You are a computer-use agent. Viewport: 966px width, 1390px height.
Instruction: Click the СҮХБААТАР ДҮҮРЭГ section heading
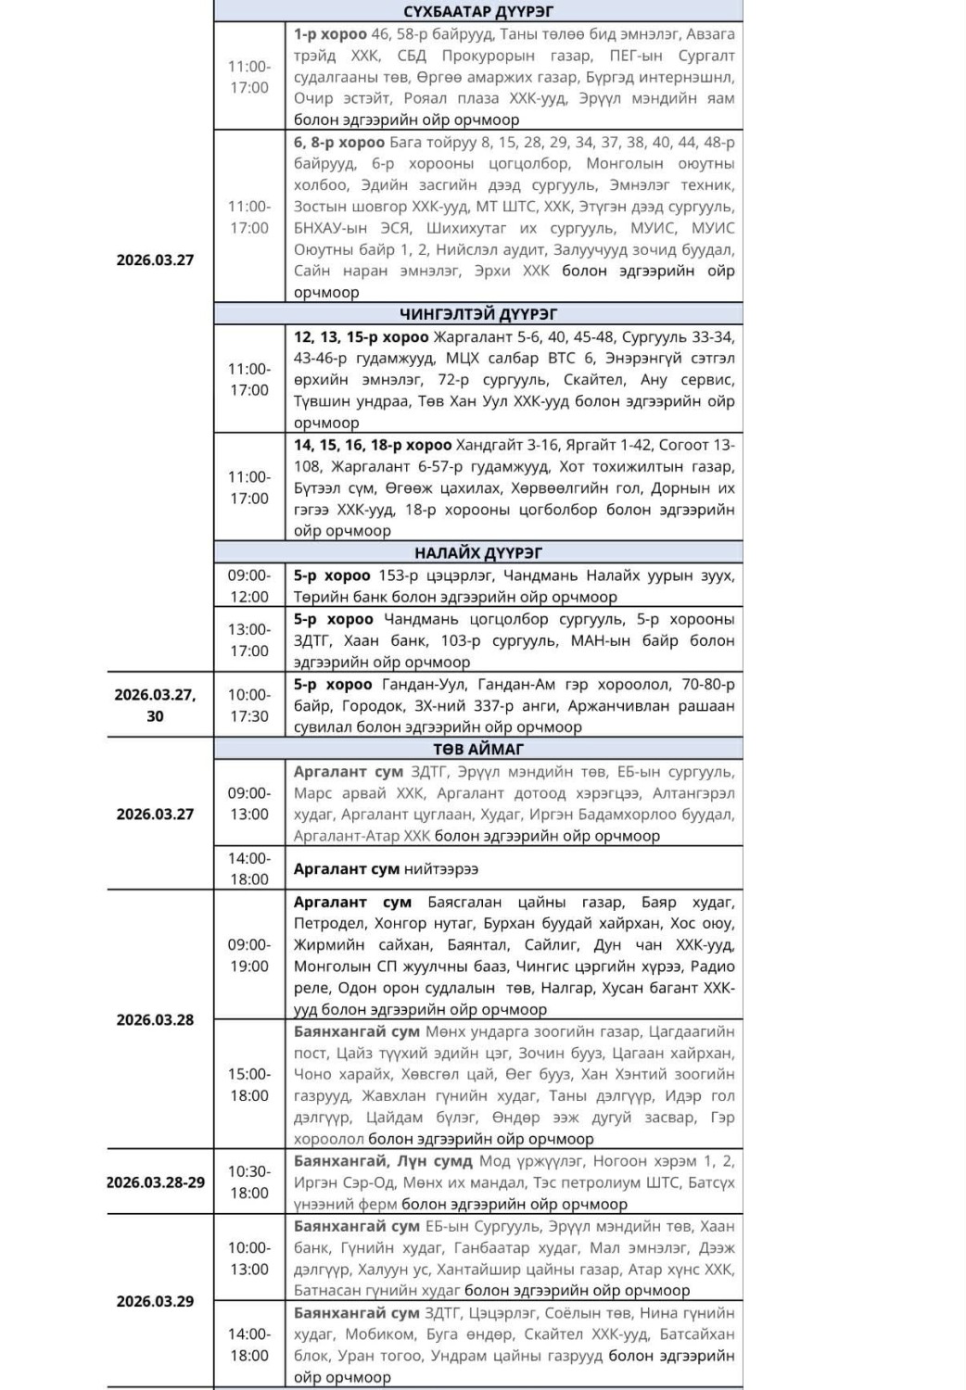478,11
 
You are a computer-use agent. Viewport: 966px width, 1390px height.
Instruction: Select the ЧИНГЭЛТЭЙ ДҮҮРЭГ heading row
478,314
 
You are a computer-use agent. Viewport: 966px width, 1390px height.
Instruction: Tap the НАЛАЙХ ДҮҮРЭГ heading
478,553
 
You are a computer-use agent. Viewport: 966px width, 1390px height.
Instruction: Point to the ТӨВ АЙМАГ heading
478,749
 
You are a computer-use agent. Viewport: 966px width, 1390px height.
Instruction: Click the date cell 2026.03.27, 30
155,705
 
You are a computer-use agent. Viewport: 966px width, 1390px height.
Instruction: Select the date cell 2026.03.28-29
155,1182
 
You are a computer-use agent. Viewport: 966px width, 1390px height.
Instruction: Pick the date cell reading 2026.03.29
155,1301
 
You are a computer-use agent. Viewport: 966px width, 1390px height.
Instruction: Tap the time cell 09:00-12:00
249,587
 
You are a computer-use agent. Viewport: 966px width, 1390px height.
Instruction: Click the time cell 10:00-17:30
249,705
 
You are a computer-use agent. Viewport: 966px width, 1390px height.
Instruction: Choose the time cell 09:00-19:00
249,955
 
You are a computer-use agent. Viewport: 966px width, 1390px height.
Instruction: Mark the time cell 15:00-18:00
249,1085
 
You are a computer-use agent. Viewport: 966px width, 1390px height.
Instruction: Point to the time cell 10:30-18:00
249,1182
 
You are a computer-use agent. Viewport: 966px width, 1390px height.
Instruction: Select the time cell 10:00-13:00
249,1258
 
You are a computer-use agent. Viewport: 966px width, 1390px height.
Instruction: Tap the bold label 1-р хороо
330,34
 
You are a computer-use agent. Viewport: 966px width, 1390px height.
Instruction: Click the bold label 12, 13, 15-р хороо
362,337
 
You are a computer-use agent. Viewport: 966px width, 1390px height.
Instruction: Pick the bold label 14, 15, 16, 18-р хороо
373,445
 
